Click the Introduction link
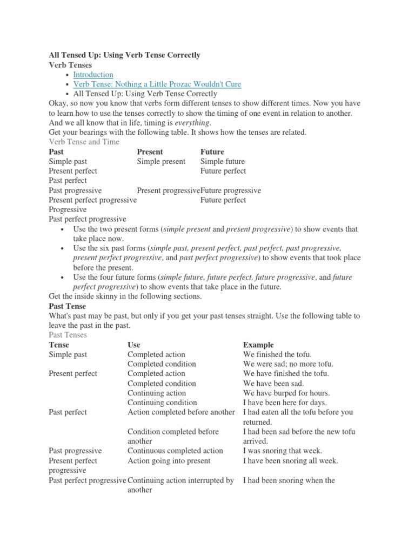93,75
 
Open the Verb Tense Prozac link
157,84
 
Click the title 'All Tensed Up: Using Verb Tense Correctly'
124,55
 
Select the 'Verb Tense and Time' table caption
84,142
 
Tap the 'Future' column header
212,151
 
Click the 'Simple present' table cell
161,161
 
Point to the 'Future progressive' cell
231,190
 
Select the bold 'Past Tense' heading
67,306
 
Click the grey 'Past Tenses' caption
68,335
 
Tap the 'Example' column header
258,345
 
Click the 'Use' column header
133,345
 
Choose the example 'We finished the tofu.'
277,354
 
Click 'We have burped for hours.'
286,393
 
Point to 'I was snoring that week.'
282,451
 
